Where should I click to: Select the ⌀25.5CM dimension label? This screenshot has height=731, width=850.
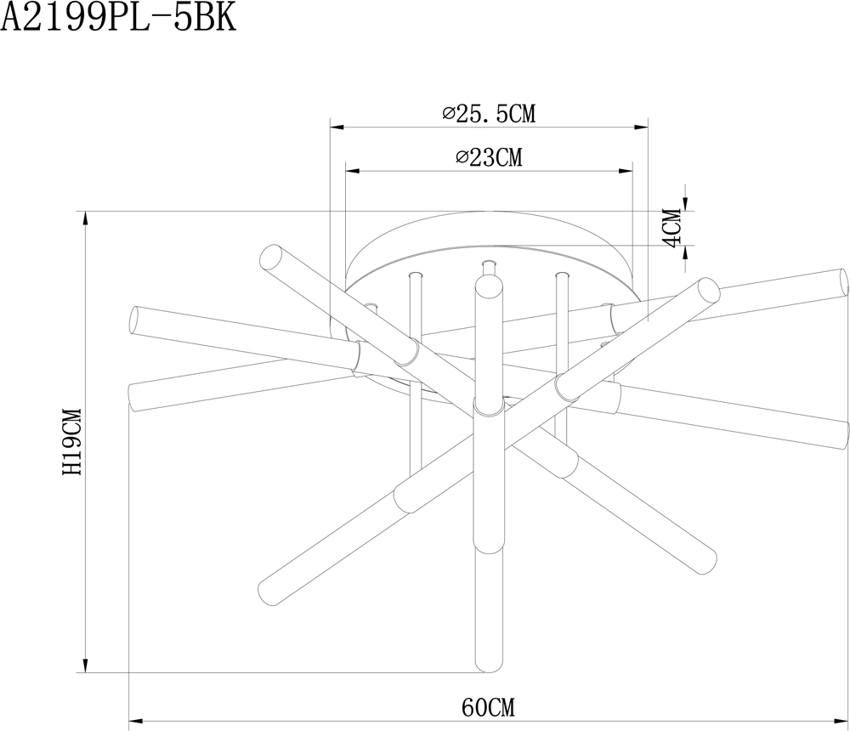tap(489, 113)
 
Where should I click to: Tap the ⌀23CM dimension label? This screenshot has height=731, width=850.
tap(489, 157)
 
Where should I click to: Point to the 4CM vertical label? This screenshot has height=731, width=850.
tap(672, 228)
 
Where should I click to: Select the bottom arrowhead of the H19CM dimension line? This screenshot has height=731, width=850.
tap(85, 666)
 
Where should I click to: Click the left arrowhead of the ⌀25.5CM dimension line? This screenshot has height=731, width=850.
tap(336, 127)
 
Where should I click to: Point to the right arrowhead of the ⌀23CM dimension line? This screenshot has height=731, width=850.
tap(626, 171)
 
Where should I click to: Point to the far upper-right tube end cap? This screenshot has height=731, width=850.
tap(841, 281)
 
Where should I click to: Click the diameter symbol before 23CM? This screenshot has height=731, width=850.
tap(462, 157)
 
